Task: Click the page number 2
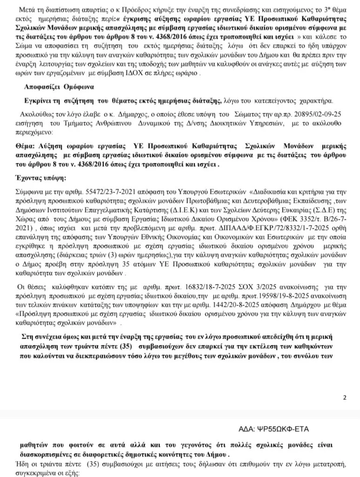(345, 397)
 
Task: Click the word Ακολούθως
(34, 114)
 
